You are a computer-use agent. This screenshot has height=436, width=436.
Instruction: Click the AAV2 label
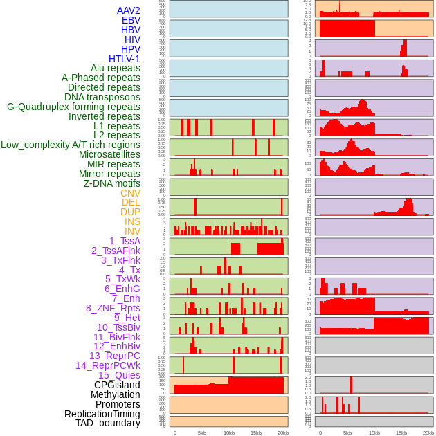(x=129, y=11)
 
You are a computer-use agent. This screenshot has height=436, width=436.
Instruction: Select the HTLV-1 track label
(x=125, y=59)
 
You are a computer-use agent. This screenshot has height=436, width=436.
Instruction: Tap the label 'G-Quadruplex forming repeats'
(x=73, y=107)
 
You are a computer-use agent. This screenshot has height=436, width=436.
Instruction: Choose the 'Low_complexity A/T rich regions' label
(x=71, y=145)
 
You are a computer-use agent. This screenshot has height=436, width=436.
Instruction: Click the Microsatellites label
(x=109, y=154)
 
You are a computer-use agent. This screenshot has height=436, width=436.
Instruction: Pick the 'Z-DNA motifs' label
(x=112, y=183)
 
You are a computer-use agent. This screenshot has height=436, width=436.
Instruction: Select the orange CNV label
(x=130, y=193)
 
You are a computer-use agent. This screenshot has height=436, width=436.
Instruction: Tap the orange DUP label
(x=130, y=212)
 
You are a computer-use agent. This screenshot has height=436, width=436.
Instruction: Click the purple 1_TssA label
(x=125, y=241)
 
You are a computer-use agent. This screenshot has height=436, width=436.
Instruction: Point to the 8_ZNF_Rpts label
(x=113, y=308)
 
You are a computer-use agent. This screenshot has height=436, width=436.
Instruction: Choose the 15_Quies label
(x=119, y=375)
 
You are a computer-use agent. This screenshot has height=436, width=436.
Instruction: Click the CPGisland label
(x=117, y=385)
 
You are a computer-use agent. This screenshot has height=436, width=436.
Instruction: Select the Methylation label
(x=116, y=394)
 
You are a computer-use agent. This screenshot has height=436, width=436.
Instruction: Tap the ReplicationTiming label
(x=102, y=414)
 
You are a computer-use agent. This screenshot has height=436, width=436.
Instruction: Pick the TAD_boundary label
(x=108, y=423)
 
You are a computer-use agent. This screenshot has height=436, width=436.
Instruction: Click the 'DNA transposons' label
(x=102, y=97)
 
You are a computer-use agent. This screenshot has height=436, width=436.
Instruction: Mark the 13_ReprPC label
(x=115, y=356)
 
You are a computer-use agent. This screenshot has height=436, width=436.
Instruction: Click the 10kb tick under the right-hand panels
(x=374, y=433)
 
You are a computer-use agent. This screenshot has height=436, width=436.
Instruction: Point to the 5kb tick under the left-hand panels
(x=202, y=433)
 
